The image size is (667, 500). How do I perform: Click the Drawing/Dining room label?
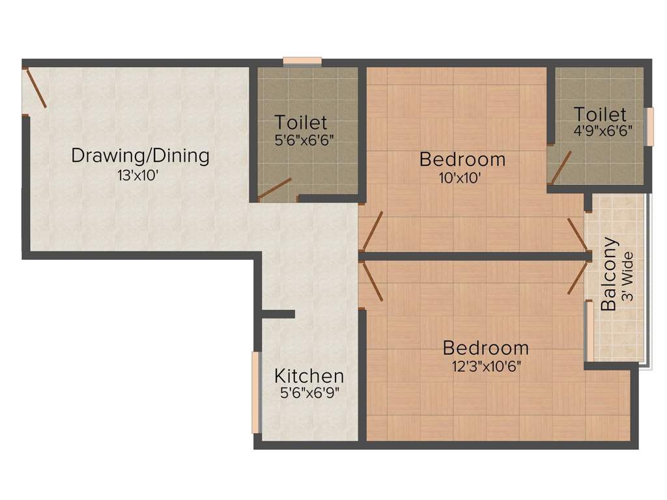pyautogui.click(x=140, y=156)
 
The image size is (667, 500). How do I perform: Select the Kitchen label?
pyautogui.click(x=309, y=376)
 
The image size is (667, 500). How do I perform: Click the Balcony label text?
pyautogui.click(x=609, y=274)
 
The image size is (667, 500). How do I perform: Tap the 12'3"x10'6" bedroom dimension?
pyautogui.click(x=486, y=366)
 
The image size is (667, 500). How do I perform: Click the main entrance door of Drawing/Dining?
pyautogui.click(x=35, y=89)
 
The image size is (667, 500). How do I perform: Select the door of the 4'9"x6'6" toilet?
pyautogui.click(x=561, y=167)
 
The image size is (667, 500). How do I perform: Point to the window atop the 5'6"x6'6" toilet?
pyautogui.click(x=302, y=62)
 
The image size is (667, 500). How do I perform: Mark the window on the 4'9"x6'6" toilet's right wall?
pyautogui.click(x=648, y=127)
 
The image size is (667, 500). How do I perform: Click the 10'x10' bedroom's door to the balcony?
pyautogui.click(x=578, y=234)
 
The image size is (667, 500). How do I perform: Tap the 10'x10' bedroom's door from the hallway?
pyautogui.click(x=373, y=231)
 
